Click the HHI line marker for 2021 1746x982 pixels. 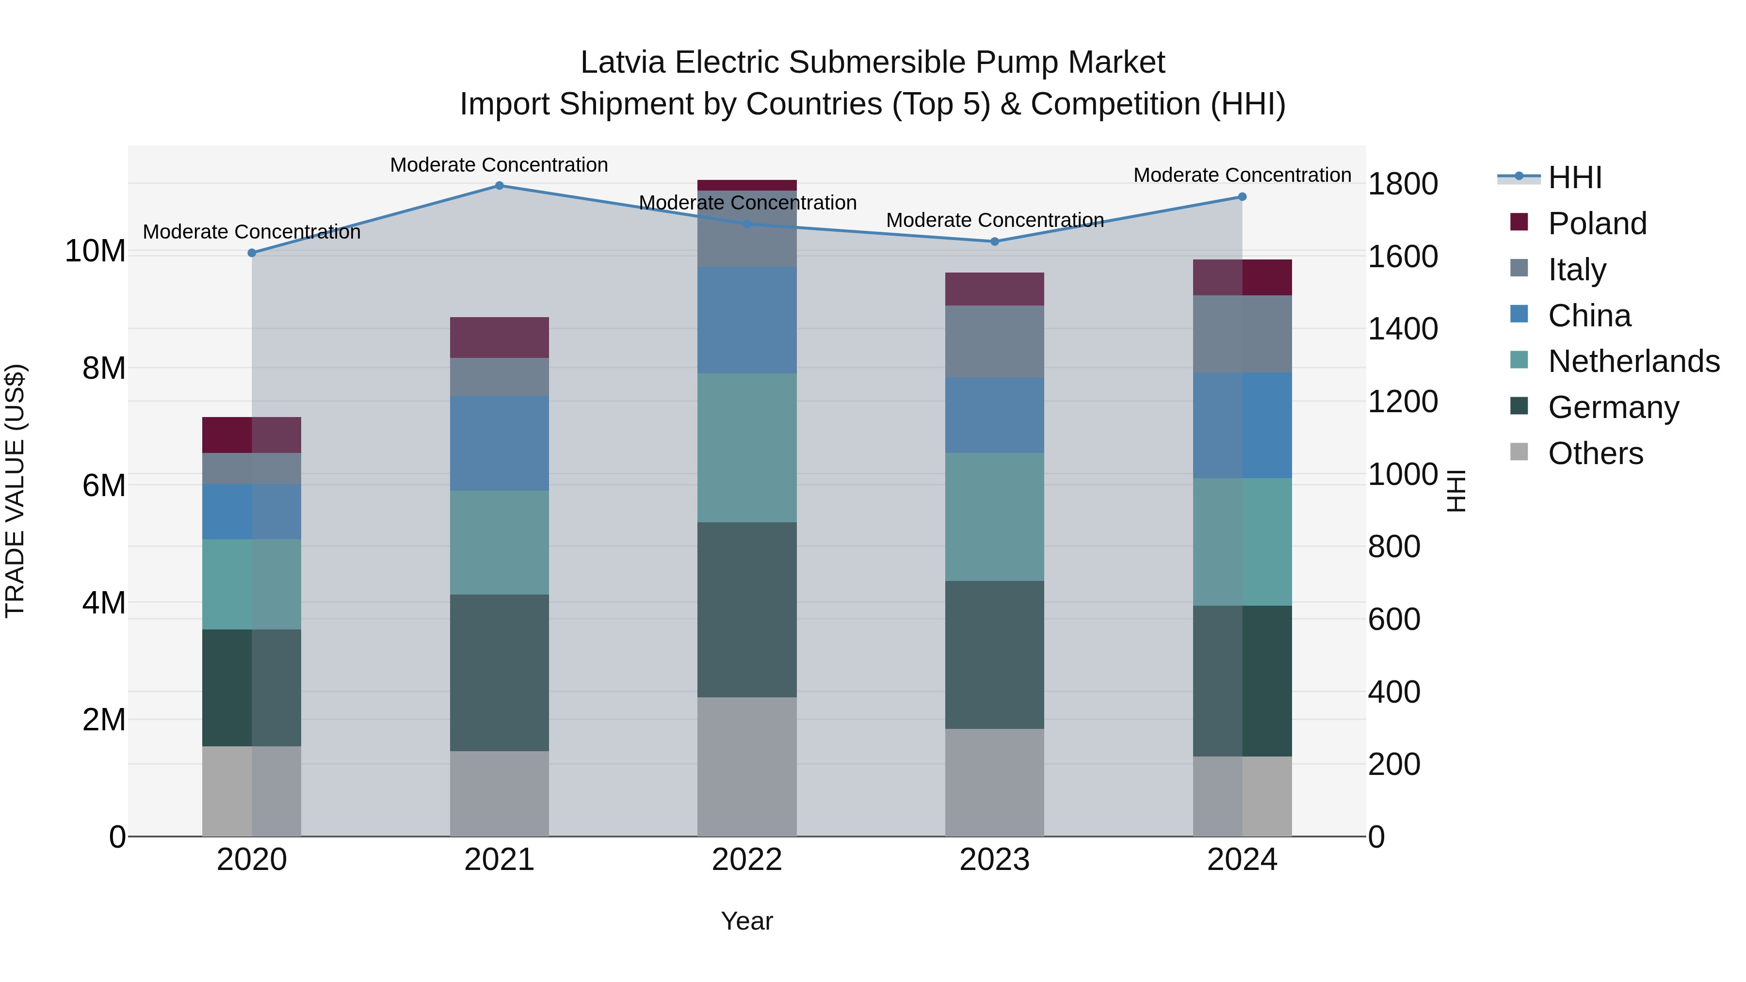(499, 185)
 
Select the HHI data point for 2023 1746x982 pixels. (994, 241)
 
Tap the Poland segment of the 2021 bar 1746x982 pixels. (499, 337)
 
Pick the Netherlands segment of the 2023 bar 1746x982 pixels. (994, 516)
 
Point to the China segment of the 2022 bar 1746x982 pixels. (747, 320)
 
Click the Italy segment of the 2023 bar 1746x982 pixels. (994, 341)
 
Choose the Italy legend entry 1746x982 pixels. (1577, 269)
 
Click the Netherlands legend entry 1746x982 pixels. (1633, 361)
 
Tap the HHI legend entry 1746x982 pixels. (1574, 177)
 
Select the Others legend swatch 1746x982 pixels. (1519, 452)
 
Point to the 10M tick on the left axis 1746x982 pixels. (95, 251)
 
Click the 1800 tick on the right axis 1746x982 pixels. (1402, 184)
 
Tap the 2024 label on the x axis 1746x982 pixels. (1242, 860)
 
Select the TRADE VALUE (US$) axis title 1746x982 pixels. (15, 491)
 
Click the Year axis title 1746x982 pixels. (747, 921)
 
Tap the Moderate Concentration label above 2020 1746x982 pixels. (251, 232)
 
